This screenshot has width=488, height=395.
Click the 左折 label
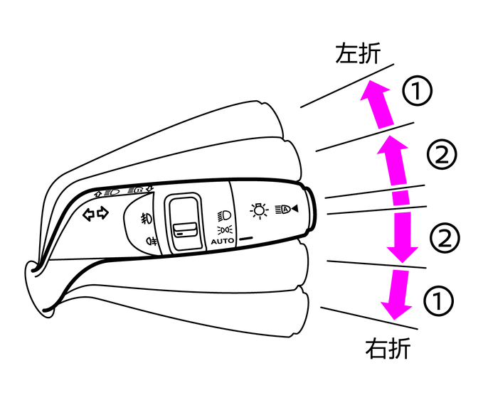(358, 53)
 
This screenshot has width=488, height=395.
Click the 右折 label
(388, 348)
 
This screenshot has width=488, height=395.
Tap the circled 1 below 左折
(417, 91)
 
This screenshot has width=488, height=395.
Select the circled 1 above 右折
(438, 301)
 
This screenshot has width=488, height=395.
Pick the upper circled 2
(442, 154)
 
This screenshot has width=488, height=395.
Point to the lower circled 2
(445, 238)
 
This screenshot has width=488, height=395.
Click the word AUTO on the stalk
(222, 241)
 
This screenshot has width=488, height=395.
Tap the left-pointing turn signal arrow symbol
(89, 214)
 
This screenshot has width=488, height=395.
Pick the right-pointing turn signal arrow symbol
(102, 213)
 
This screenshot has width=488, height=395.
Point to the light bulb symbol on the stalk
(259, 211)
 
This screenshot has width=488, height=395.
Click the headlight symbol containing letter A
(287, 209)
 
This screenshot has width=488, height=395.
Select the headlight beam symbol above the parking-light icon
(224, 216)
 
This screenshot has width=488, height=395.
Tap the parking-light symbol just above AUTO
(225, 230)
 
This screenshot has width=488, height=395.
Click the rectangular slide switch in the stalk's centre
(185, 222)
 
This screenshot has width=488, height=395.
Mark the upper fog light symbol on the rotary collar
(146, 218)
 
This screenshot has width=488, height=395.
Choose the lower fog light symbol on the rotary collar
(152, 241)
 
